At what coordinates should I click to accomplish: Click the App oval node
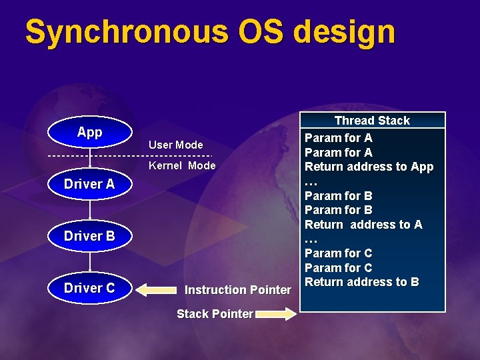point(89,133)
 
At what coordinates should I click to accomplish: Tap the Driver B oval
point(89,236)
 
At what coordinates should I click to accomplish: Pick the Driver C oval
point(89,288)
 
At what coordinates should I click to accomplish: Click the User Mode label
point(175,145)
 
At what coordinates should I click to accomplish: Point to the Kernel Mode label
point(182,165)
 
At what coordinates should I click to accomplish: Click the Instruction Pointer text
point(237,290)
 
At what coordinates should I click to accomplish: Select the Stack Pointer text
point(214,313)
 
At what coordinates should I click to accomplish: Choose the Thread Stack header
point(372,121)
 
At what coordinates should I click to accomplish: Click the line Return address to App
point(369,167)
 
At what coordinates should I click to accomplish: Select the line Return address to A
point(363,225)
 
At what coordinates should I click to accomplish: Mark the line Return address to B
point(362,282)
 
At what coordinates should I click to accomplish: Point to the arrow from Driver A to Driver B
point(89,211)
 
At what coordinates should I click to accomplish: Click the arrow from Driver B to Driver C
point(89,262)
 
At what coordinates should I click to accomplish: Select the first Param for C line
point(338,253)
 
